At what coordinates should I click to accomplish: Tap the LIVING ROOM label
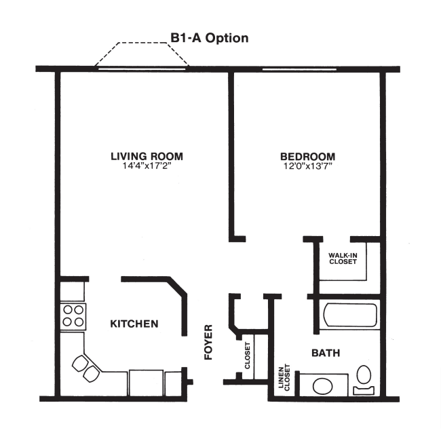click(x=147, y=156)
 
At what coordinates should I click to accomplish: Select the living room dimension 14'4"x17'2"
click(x=147, y=166)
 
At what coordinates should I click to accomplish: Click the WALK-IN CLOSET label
click(x=343, y=258)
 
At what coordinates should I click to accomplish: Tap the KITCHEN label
click(x=134, y=324)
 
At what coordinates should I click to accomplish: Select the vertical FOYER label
click(x=209, y=342)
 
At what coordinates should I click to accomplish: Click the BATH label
click(x=326, y=353)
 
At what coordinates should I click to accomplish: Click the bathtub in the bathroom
click(x=350, y=316)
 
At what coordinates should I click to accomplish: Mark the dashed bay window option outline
click(x=142, y=53)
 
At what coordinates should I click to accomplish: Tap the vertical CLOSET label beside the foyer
click(x=248, y=356)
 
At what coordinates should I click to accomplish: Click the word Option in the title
click(x=226, y=38)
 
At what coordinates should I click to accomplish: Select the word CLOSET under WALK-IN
click(x=343, y=262)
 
